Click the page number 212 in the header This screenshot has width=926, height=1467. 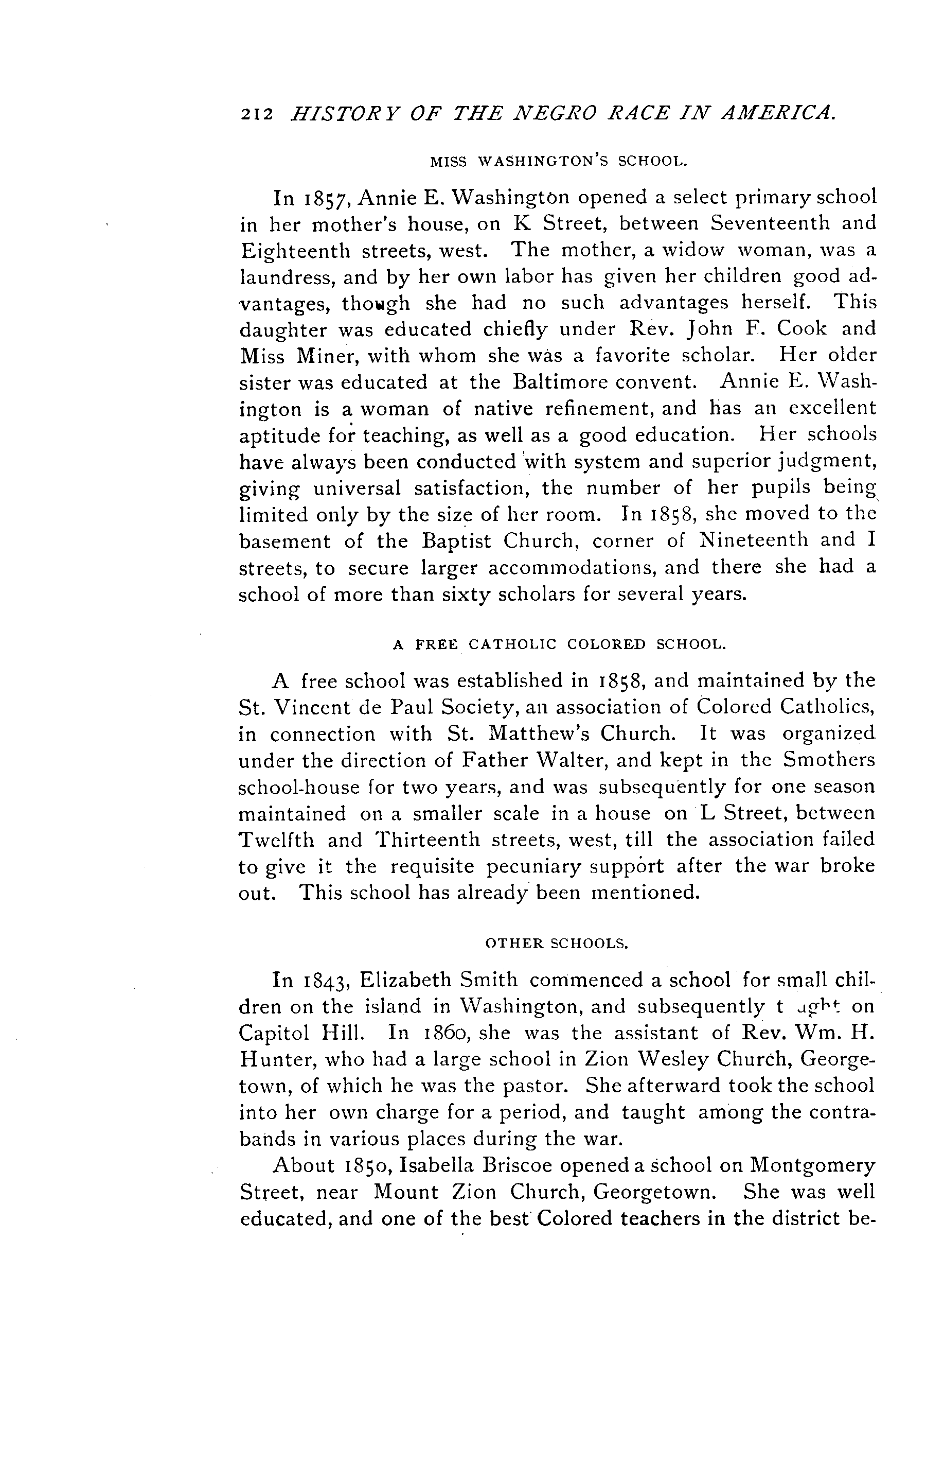256,114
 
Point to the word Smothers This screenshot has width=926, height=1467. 829,760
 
